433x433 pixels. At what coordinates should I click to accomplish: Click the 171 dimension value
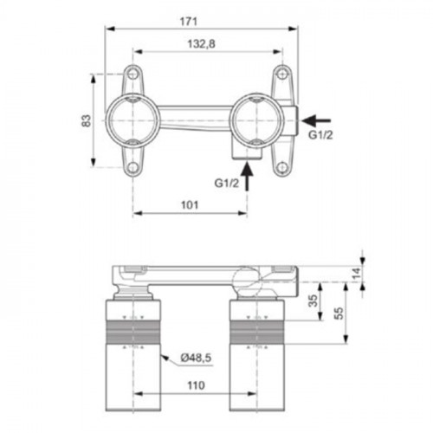(189, 22)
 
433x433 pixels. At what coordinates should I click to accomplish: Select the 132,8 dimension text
(201, 44)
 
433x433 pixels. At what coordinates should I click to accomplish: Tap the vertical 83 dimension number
(86, 120)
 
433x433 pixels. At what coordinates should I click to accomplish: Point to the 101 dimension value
(190, 205)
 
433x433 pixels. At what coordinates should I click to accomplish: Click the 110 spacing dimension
(196, 385)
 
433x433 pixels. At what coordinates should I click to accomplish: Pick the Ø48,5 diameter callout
(196, 358)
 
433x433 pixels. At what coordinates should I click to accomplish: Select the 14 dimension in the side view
(357, 273)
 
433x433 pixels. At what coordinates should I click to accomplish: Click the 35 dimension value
(313, 301)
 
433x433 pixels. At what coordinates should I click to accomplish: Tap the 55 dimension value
(339, 313)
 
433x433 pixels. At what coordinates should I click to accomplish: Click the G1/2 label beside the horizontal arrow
(320, 135)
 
